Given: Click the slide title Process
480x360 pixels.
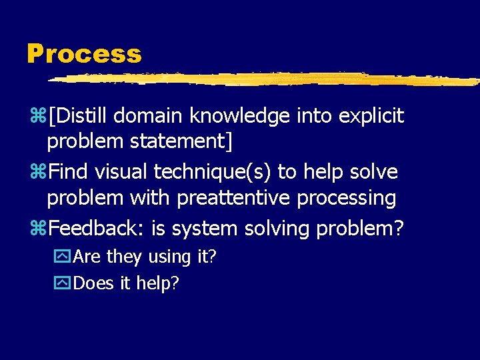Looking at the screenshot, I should click(84, 54).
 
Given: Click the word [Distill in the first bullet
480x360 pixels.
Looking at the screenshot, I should click(78, 116).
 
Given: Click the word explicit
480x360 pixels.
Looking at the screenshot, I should click(371, 116).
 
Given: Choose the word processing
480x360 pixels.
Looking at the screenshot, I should click(347, 198).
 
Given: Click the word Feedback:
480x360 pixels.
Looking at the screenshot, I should click(97, 229).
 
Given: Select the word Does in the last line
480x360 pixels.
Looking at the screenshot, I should click(95, 283).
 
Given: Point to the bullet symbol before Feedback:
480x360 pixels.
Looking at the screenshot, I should click(40, 229).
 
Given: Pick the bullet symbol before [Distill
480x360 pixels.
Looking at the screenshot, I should click(40, 117).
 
